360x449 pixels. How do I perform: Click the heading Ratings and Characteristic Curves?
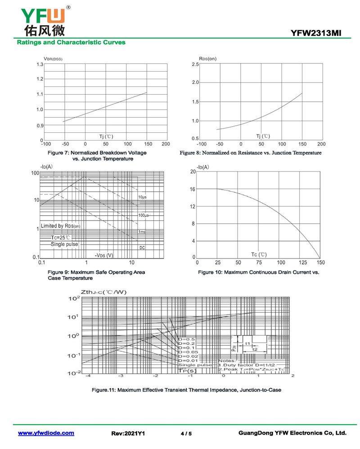(71, 42)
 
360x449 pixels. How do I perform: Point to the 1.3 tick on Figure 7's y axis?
(40, 65)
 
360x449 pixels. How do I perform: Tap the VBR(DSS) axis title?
(53, 59)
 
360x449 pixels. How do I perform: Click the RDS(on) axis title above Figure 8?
(207, 59)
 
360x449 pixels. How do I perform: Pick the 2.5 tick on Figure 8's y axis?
(195, 65)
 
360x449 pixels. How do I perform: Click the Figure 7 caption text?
(97, 156)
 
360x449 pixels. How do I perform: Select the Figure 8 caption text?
(251, 153)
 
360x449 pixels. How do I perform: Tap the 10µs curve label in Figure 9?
(142, 197)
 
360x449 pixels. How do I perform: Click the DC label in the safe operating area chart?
(142, 248)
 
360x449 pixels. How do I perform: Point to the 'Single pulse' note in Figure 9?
(64, 244)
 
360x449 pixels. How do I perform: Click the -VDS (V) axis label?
(104, 255)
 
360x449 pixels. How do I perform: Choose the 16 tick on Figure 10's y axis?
(193, 190)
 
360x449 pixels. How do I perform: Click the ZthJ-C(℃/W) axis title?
(104, 292)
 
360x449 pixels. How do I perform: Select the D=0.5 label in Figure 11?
(186, 339)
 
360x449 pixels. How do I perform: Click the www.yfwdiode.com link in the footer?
(46, 433)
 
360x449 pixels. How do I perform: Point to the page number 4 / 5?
(186, 434)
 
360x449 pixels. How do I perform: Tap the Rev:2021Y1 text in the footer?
(128, 433)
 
